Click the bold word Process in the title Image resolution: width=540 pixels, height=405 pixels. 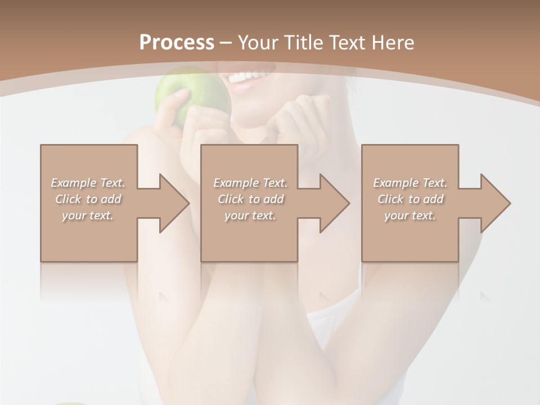(x=177, y=43)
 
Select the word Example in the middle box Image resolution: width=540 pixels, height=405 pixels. (x=235, y=183)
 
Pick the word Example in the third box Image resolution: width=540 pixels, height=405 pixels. (x=395, y=183)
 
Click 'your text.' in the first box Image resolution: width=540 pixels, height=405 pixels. (x=88, y=215)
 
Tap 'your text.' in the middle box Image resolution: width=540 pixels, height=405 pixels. (x=250, y=215)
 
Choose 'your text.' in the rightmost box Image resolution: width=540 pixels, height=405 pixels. (x=410, y=215)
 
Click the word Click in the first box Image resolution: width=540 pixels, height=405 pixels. (x=68, y=199)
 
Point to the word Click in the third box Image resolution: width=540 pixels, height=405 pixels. (x=390, y=199)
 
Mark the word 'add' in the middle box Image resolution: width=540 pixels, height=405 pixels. (x=273, y=199)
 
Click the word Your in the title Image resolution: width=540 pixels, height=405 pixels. (x=257, y=43)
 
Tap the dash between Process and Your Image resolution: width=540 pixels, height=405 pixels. (x=226, y=43)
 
